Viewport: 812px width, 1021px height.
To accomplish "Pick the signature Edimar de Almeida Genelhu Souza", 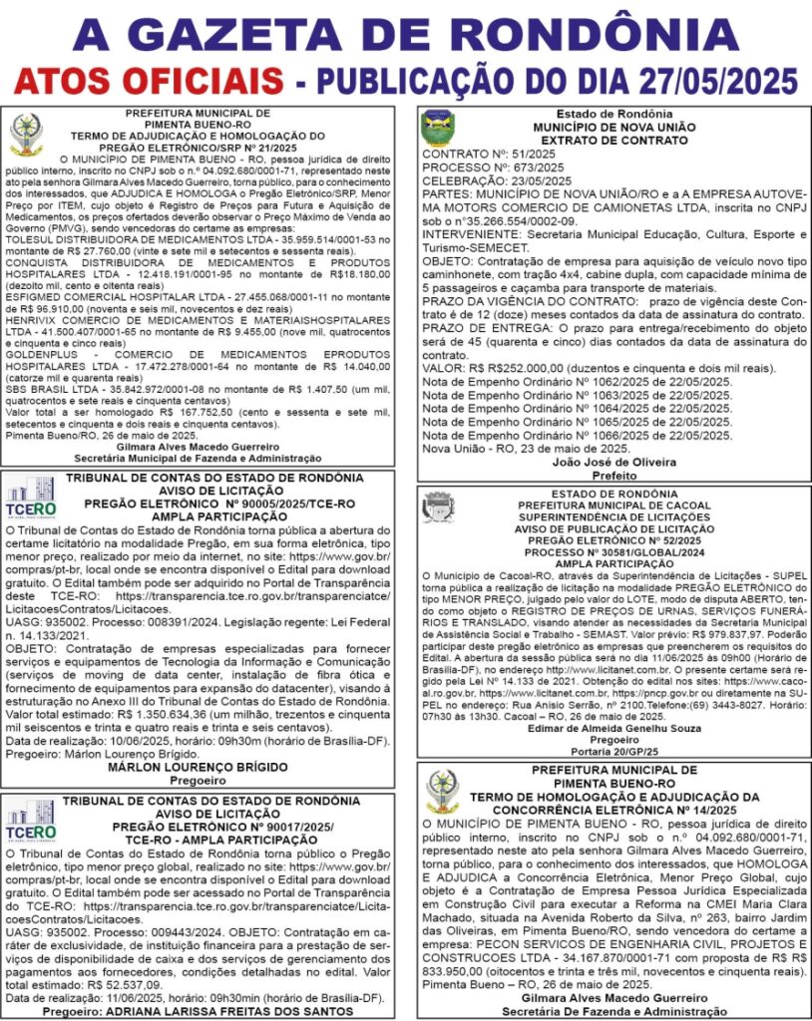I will coord(612,730).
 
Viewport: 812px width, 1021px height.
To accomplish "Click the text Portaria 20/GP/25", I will coord(612,754).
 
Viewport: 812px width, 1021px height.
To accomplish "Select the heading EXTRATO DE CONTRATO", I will coord(612,142).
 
